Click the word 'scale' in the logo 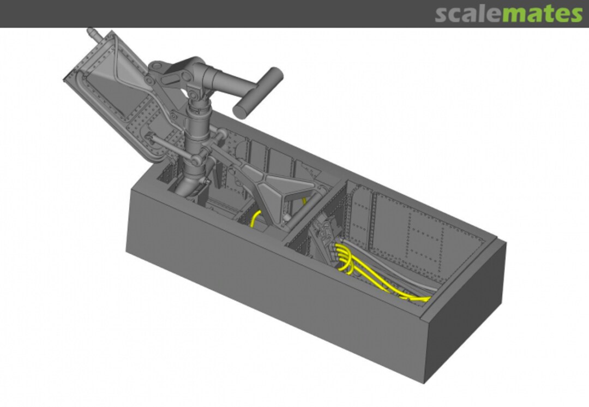click(x=468, y=14)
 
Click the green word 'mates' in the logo click(x=543, y=14)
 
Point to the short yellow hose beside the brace click(x=255, y=219)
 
